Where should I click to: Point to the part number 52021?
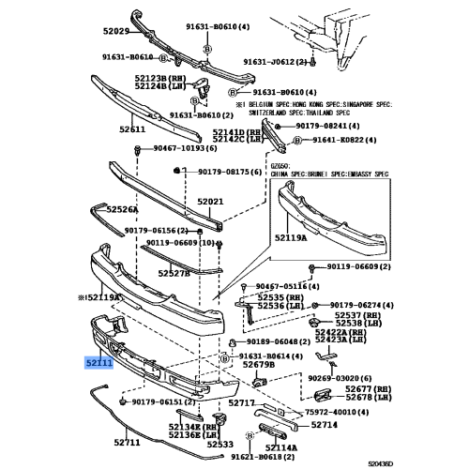pyautogui.click(x=209, y=202)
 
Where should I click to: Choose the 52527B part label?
pyautogui.click(x=174, y=273)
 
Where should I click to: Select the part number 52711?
pyautogui.click(x=127, y=440)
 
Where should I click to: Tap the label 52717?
pyautogui.click(x=242, y=402)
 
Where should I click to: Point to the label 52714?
pyautogui.click(x=324, y=425)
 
